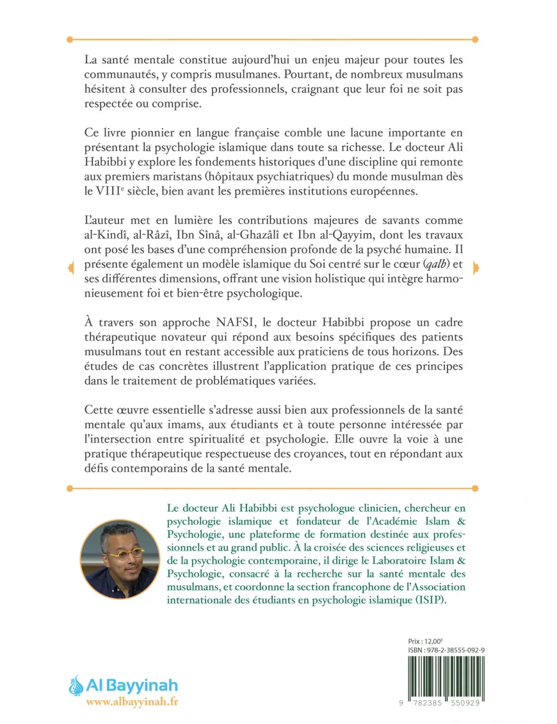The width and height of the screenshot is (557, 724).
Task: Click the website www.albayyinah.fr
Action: click(x=132, y=702)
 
